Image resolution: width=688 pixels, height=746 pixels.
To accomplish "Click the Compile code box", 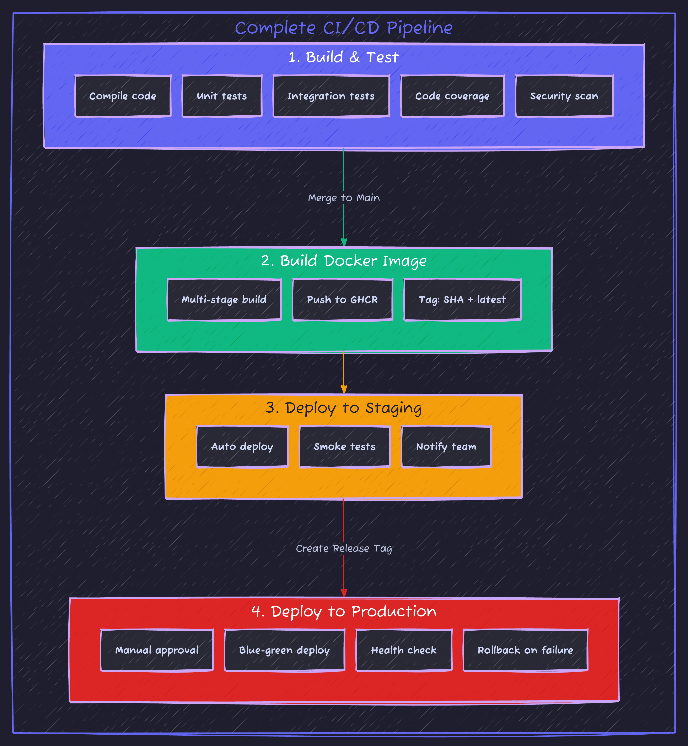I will tap(123, 96).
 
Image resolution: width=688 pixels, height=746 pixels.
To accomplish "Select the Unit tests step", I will tap(222, 96).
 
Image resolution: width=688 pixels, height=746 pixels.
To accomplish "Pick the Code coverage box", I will tap(452, 96).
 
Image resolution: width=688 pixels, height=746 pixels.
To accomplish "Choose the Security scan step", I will tap(564, 96).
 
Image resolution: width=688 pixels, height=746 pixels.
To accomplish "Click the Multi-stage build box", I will tap(224, 300).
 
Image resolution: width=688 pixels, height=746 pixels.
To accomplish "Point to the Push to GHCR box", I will tap(343, 300).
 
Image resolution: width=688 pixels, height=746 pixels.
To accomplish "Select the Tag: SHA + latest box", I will tap(462, 300).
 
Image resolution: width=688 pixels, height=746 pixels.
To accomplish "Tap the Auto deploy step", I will tap(242, 446).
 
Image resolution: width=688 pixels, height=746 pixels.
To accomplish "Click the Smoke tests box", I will tap(344, 446).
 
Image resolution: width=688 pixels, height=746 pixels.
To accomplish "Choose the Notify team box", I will tap(446, 446).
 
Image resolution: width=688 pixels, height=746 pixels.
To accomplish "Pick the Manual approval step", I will tap(157, 650).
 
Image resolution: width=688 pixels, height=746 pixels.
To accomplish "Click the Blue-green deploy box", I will tap(284, 650).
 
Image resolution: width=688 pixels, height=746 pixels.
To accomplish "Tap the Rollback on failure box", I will tap(525, 650).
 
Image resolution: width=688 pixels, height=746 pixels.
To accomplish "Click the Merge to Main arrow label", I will tap(344, 198).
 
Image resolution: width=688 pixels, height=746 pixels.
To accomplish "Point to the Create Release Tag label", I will tap(344, 548).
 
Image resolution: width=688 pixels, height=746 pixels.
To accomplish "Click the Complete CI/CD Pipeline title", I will tap(344, 28).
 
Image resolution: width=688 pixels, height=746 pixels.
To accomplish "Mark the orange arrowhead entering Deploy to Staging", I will tap(344, 390).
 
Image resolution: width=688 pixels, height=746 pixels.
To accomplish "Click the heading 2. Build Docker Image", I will tap(344, 260).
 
